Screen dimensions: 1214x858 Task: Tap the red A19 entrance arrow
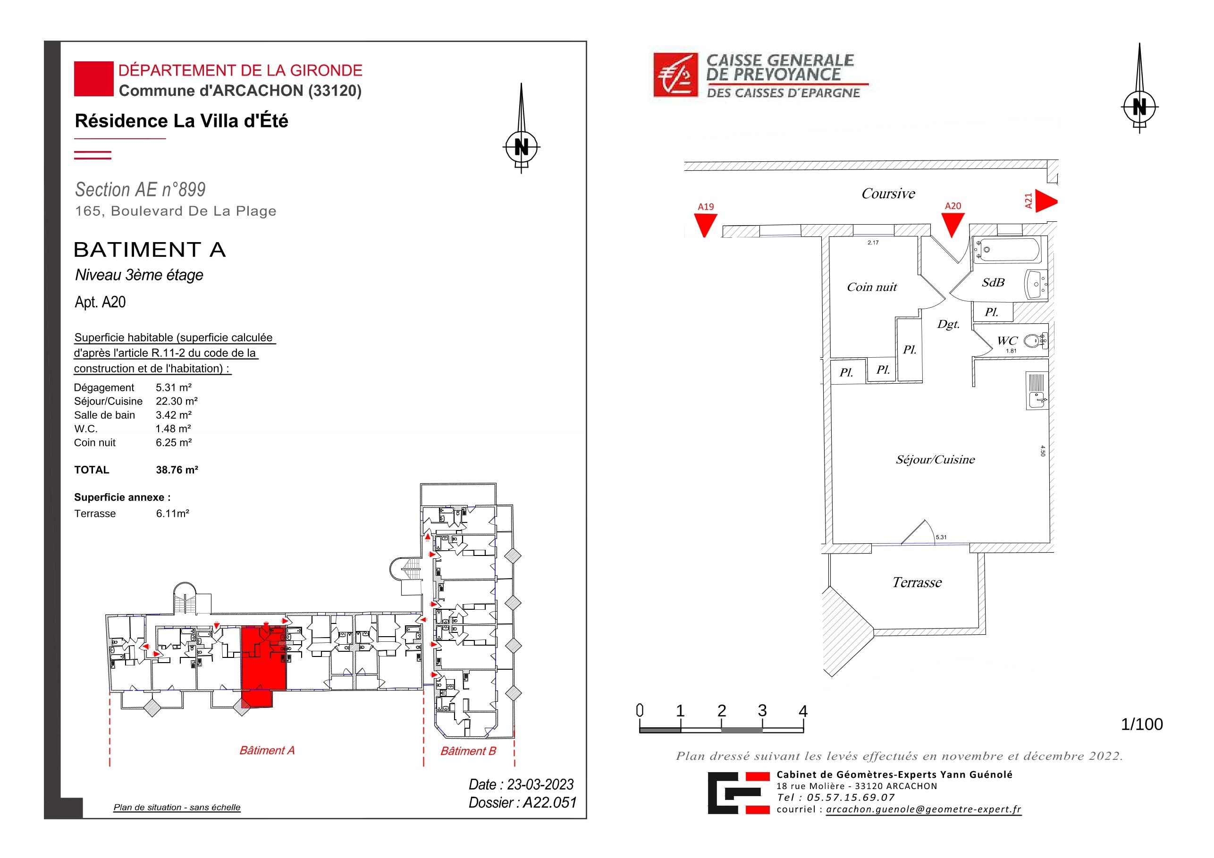(705, 225)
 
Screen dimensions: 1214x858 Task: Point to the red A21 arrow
(1046, 202)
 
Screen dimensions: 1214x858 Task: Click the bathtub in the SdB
(1008, 250)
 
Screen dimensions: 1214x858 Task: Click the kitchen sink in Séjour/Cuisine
(1037, 391)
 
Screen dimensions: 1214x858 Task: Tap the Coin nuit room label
(872, 287)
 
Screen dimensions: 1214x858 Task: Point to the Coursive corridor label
(888, 193)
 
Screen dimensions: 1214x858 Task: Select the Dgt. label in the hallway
(949, 325)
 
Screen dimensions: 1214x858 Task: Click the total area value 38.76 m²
(177, 470)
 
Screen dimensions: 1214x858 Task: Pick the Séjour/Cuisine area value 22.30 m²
(177, 401)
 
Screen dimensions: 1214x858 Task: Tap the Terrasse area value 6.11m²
(172, 513)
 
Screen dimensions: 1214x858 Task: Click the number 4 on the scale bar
(803, 712)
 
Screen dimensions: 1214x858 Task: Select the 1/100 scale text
(1142, 724)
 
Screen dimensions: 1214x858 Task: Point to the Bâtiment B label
(469, 751)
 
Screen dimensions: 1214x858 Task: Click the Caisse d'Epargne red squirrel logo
(676, 75)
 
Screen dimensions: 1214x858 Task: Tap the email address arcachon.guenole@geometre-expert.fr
(924, 809)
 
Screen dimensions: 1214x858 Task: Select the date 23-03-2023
(540, 784)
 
